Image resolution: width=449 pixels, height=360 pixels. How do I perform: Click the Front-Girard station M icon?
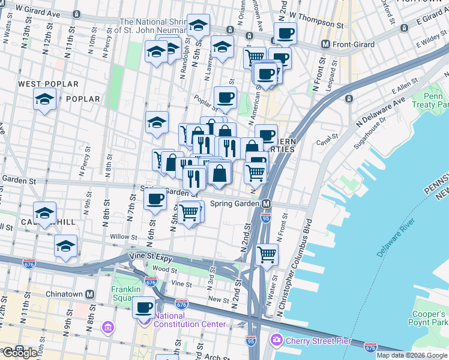pos(326,44)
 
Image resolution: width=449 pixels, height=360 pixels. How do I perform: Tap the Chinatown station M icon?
pos(89,294)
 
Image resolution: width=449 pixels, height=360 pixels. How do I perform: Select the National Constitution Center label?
pos(190,320)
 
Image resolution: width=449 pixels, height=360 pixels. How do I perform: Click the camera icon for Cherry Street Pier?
pos(276,340)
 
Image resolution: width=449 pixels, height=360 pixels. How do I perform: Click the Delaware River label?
pos(396,240)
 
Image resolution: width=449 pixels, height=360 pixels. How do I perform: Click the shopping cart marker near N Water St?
pos(267,254)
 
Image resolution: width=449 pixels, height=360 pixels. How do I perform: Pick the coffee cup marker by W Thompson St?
pos(285,33)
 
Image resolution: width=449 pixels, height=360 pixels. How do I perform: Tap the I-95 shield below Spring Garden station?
pos(266,218)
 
